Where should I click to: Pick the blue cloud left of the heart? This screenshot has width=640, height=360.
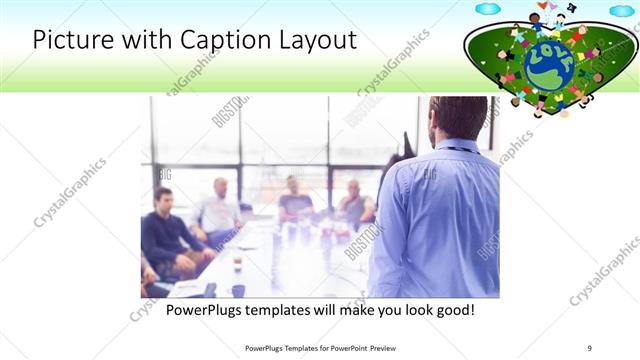(x=488, y=9)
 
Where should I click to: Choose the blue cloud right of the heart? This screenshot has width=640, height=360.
(x=622, y=11)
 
